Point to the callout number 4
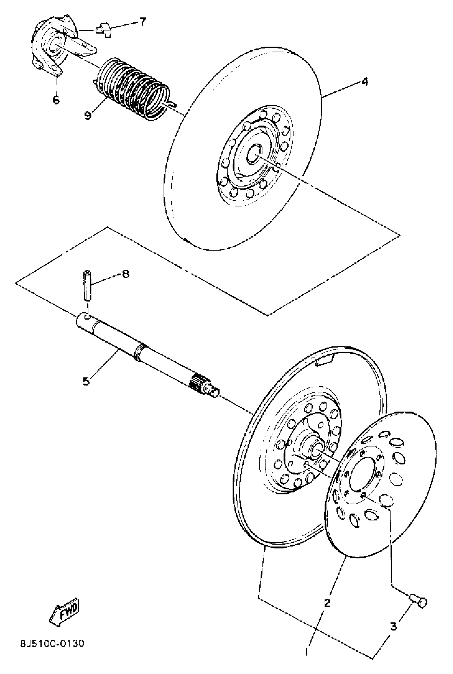click(x=365, y=82)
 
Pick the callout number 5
click(x=86, y=381)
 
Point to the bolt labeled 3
click(x=419, y=602)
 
